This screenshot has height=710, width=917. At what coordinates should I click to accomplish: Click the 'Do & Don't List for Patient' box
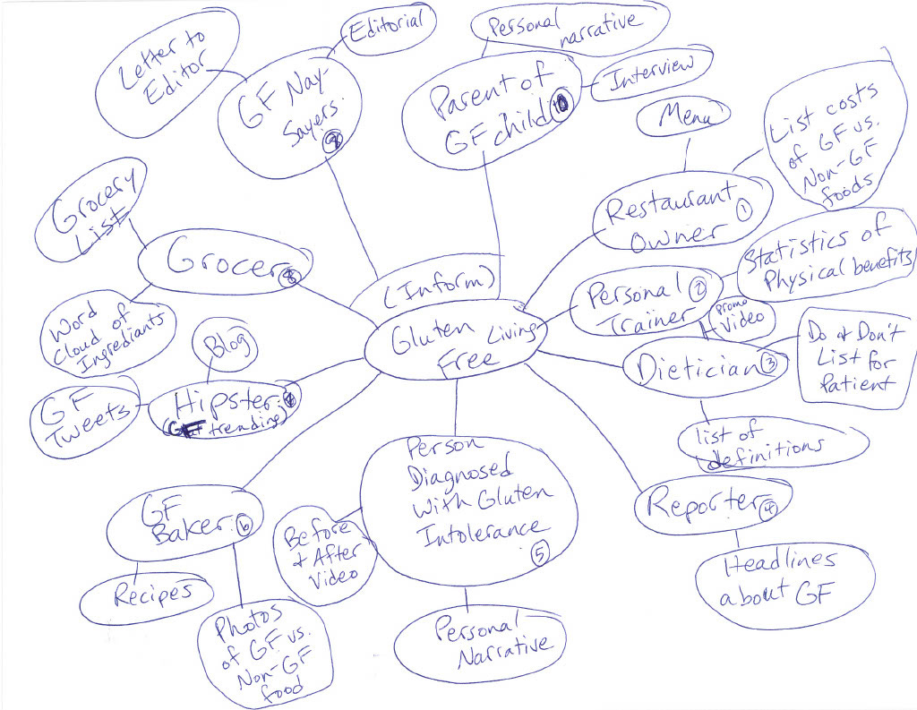[856, 357]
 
